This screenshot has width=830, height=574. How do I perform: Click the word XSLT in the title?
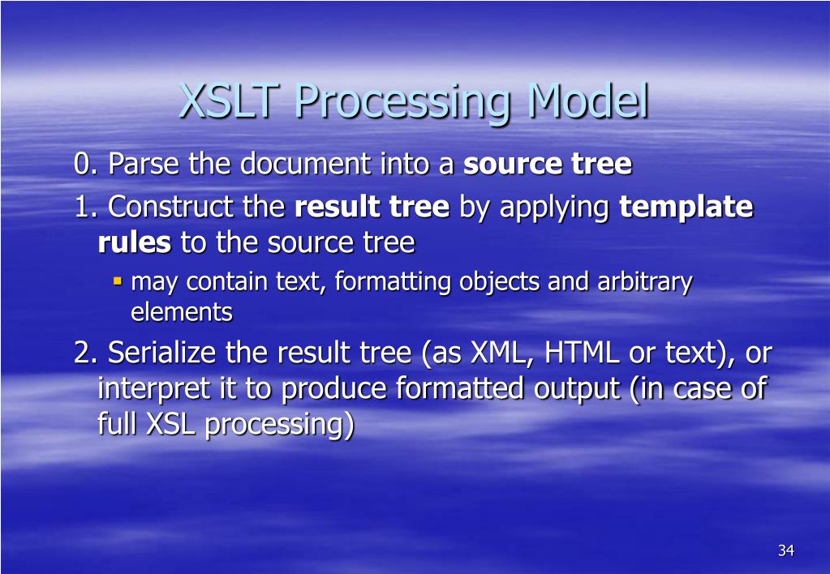pos(229,101)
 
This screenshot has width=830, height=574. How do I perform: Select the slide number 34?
pos(786,550)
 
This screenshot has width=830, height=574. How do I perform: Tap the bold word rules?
pos(135,243)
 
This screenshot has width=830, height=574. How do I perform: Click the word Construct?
pos(170,206)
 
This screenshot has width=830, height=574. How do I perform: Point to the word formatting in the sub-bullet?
pos(393,282)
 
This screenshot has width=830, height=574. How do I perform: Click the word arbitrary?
pos(645,282)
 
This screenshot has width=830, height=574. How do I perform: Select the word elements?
pos(182,312)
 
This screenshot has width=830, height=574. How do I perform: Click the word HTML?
pos(582,353)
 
